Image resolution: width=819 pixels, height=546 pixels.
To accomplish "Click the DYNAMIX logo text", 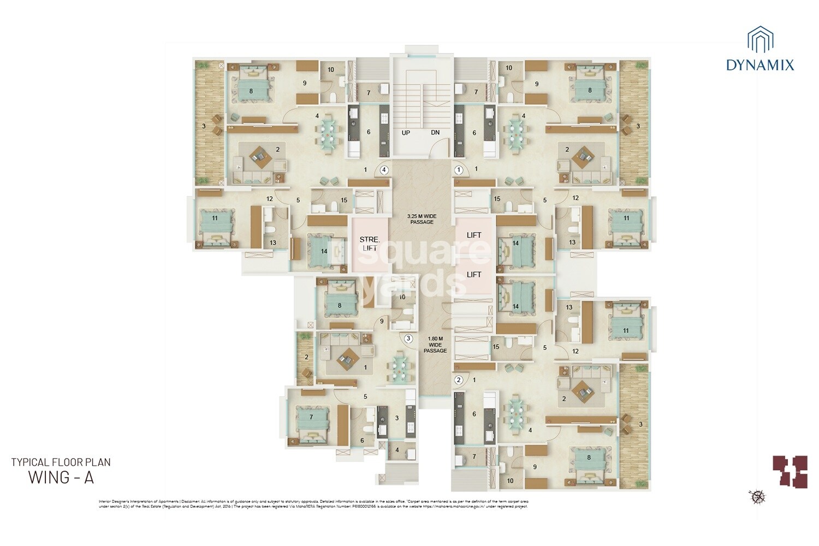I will [x=760, y=66].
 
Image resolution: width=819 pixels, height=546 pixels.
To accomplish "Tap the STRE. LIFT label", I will [x=370, y=244].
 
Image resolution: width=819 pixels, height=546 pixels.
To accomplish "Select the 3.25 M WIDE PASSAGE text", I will [x=422, y=219].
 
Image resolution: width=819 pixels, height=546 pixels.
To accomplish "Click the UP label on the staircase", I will [x=406, y=133].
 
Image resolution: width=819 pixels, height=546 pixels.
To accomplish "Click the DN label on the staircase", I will [x=435, y=133].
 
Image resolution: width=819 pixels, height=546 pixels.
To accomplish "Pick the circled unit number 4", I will [x=384, y=170].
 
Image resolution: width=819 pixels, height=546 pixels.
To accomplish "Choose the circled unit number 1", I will [x=459, y=170].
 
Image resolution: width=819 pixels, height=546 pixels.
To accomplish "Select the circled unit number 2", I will [x=459, y=380].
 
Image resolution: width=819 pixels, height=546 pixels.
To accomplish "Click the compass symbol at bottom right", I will [x=758, y=496].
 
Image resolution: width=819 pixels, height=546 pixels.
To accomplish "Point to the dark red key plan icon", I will [x=790, y=471].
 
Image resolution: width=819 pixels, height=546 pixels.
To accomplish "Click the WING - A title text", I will [x=61, y=477].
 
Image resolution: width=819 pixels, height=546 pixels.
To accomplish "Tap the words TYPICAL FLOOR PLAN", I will [x=61, y=462].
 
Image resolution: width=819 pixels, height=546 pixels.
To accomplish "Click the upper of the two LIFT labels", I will [x=474, y=235].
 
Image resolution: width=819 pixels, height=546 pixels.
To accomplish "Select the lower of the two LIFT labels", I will [x=474, y=274].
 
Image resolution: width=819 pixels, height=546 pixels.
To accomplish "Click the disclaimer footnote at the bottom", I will [x=313, y=503].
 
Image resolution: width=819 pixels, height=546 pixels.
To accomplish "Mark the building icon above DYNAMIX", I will [x=760, y=40].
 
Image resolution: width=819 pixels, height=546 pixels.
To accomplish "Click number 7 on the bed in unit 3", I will [x=311, y=417].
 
